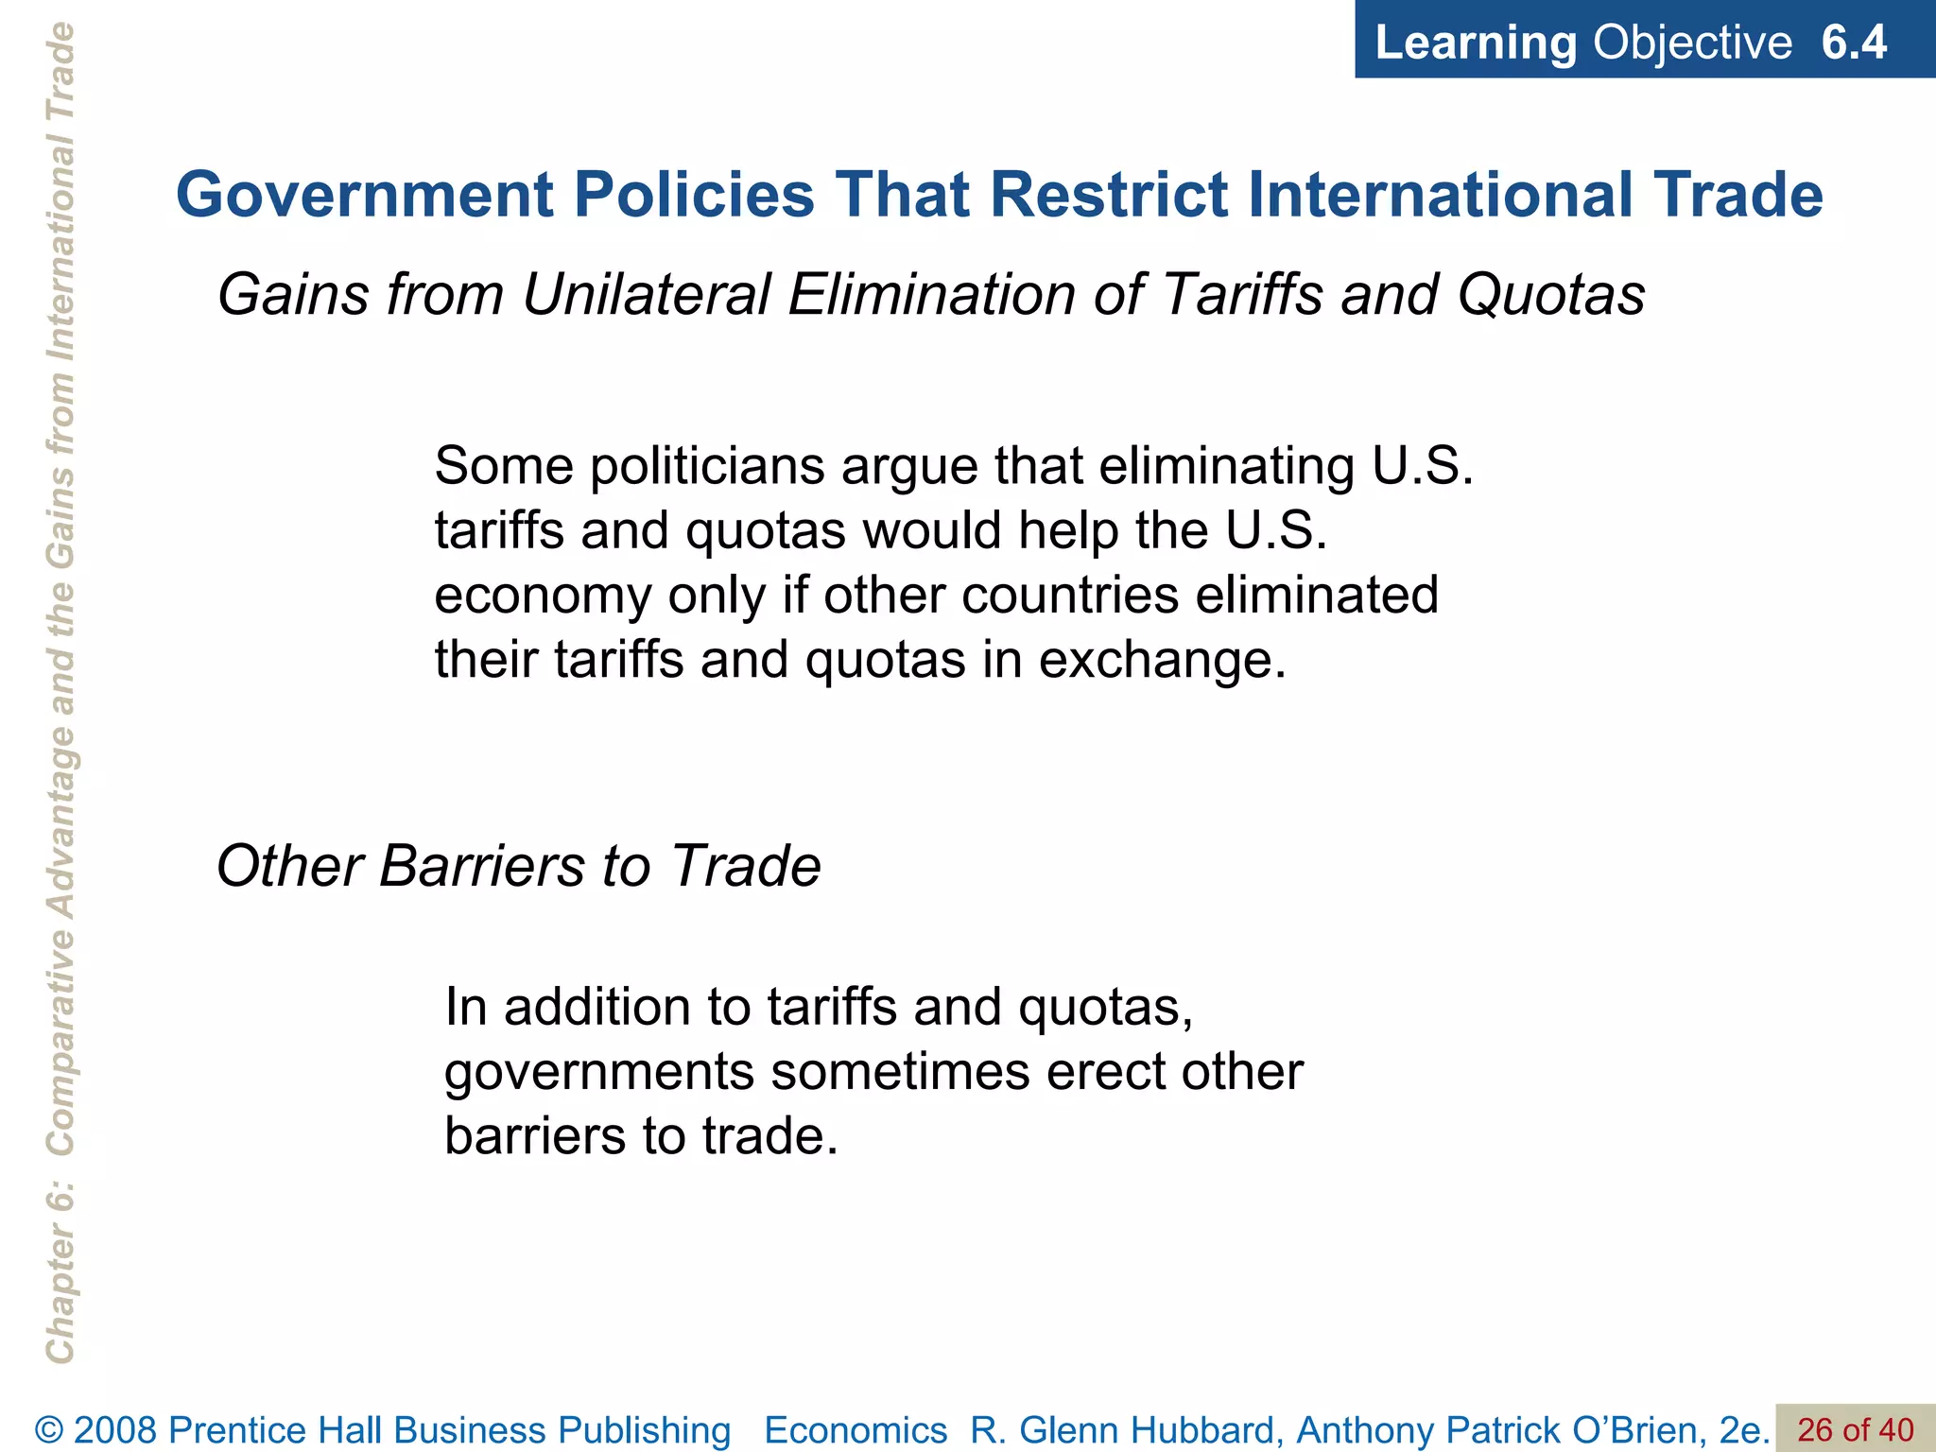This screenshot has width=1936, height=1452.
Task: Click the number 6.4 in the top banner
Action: tap(1854, 43)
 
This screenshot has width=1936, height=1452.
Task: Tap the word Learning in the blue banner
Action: tap(1476, 43)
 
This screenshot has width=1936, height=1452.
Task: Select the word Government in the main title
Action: tap(364, 196)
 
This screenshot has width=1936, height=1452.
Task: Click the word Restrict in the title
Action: tap(1108, 196)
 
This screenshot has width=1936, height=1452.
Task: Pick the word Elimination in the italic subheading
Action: tap(932, 294)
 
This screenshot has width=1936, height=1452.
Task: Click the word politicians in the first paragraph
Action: tap(707, 466)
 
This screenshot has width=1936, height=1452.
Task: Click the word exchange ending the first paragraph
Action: tap(1162, 660)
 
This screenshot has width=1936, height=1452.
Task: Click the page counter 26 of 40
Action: tap(1855, 1429)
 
